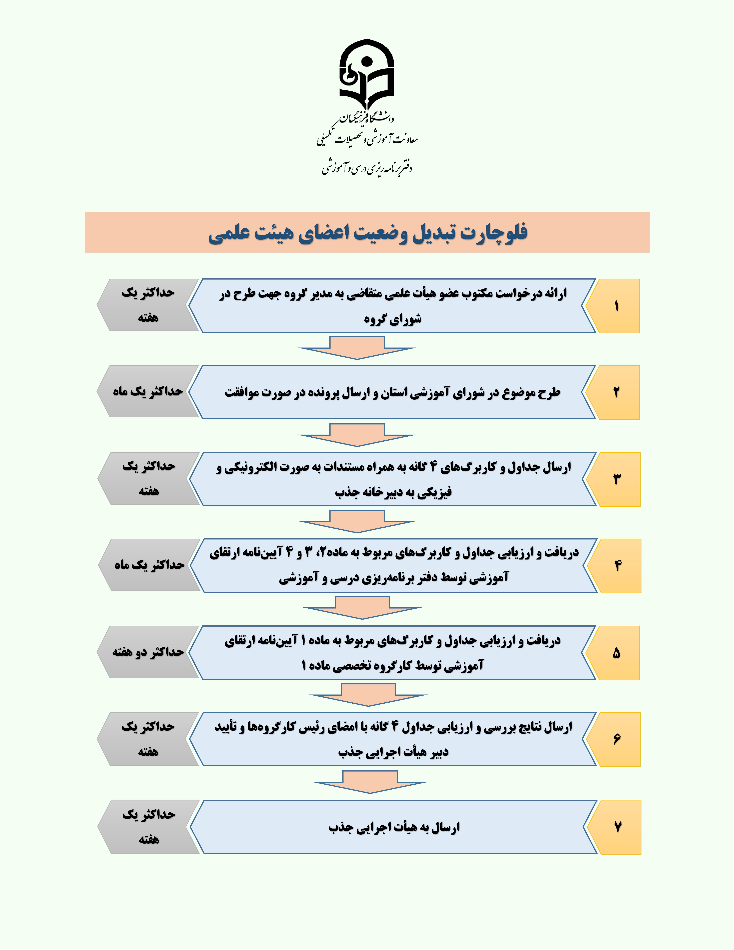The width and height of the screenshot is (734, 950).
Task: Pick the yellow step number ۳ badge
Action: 617,479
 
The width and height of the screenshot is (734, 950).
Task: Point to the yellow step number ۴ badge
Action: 617,566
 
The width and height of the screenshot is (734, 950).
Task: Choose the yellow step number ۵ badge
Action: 616,652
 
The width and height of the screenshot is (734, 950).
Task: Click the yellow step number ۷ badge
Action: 617,827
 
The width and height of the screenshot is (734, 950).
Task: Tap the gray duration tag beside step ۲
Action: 148,392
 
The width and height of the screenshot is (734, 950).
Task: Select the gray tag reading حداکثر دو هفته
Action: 148,652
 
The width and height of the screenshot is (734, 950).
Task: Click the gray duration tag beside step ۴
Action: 149,565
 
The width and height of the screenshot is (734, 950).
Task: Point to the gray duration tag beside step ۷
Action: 149,827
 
